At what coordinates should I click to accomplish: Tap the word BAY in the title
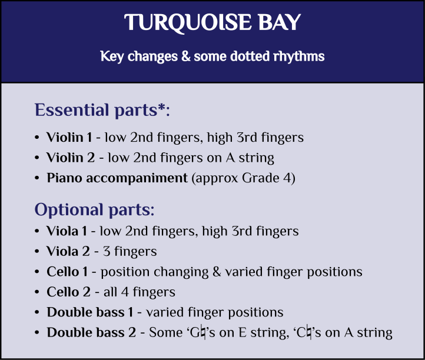276,23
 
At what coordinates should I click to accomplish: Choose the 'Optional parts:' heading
95,209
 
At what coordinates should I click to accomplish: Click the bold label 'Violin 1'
69,138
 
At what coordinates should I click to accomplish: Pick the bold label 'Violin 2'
69,158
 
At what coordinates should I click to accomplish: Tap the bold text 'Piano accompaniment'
117,178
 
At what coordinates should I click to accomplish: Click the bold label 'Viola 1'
67,231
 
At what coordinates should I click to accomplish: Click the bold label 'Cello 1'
69,272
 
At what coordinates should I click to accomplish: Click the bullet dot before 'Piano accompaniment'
38,178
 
